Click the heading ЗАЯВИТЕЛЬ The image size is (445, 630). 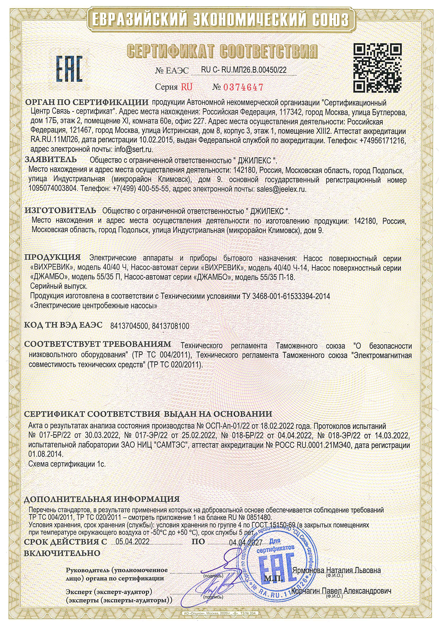51,159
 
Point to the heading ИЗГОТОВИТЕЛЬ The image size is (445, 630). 60,211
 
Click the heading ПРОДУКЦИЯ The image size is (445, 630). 53,257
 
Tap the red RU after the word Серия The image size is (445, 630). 187,87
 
